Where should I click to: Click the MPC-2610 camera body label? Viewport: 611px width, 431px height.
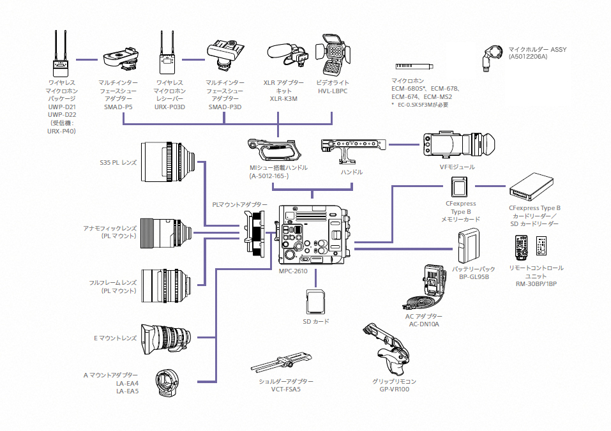(x=293, y=271)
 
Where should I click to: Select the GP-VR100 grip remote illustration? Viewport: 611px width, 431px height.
(x=387, y=350)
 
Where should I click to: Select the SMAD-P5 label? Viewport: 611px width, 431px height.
(x=118, y=107)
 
